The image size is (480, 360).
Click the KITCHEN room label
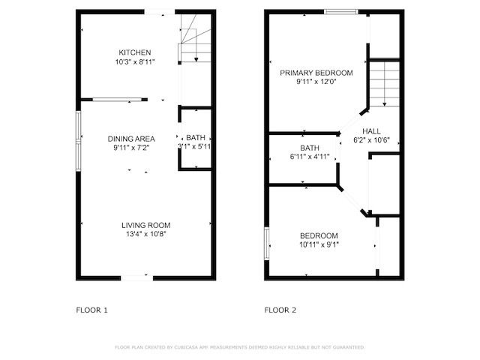(x=135, y=52)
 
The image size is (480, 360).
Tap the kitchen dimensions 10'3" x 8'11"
(x=135, y=61)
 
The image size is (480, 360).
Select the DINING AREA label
(x=131, y=139)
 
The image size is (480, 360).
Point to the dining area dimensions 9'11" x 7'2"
(x=131, y=148)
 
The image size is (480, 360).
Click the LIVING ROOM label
(x=146, y=225)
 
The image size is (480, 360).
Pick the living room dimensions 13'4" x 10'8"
(x=146, y=234)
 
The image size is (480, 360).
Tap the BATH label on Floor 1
(x=196, y=138)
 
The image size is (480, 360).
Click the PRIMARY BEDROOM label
(x=316, y=73)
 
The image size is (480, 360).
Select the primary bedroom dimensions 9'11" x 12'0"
(x=316, y=82)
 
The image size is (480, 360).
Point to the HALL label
(x=371, y=130)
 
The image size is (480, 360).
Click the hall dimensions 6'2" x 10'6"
(x=371, y=140)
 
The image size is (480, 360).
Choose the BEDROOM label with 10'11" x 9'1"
(x=319, y=235)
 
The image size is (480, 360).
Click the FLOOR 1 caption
(x=92, y=310)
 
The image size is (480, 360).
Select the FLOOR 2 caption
(x=280, y=310)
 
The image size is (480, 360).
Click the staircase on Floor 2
(x=383, y=85)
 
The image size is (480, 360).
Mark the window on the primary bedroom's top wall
(x=340, y=11)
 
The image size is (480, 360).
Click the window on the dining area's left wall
(x=78, y=136)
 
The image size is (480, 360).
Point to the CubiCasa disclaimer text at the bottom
(x=239, y=347)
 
